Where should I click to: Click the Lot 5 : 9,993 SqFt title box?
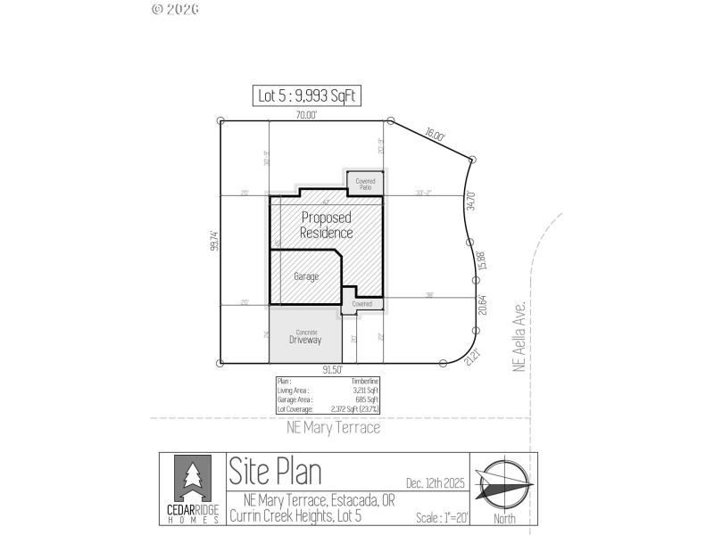306,95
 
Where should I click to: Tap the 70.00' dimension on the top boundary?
307,115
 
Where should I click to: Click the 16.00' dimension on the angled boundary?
435,134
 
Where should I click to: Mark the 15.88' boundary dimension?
482,259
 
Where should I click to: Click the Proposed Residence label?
326,225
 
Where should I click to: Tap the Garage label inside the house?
306,276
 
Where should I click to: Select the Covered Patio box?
365,184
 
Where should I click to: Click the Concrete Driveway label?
305,338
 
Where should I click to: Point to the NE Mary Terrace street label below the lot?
333,428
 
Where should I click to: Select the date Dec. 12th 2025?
436,482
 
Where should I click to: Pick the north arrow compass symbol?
503,485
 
